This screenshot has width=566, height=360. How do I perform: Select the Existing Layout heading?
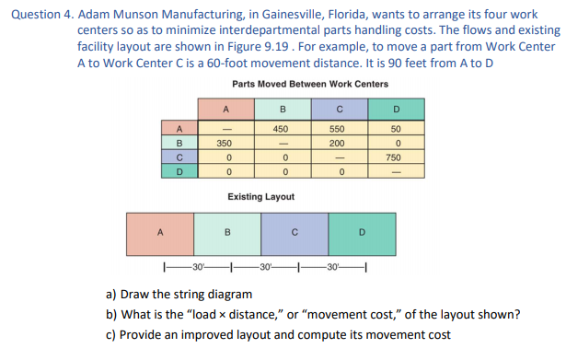(x=260, y=197)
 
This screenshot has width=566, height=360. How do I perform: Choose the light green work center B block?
(x=227, y=232)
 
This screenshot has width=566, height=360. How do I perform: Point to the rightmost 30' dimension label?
(x=331, y=268)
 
